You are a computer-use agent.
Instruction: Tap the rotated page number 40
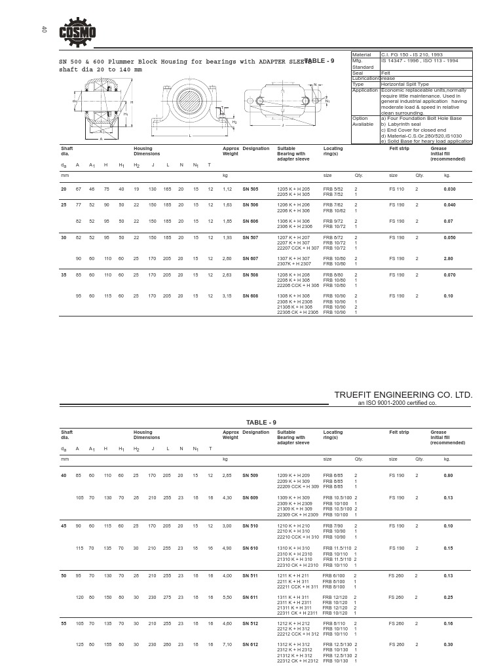44,29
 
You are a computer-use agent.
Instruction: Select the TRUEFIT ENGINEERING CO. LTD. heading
403,395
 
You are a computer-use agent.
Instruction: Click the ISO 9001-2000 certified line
396,404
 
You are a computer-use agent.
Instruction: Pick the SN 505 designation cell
250,189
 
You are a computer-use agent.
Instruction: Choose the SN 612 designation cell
250,645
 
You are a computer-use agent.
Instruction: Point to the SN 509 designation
250,474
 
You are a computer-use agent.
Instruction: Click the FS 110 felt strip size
397,189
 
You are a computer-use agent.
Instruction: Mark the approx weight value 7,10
227,645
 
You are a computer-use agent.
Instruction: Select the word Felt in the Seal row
386,72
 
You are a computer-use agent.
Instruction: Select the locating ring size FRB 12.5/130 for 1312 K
338,645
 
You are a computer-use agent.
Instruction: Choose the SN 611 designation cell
250,598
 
